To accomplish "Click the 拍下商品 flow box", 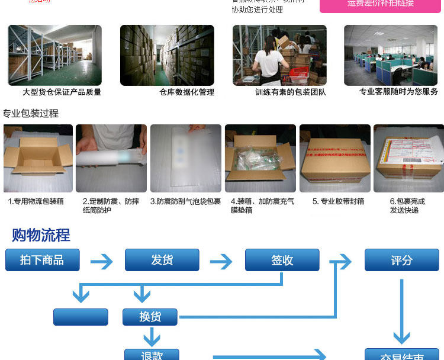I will coord(42,260).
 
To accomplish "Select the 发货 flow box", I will coord(162,260).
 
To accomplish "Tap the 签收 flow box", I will coord(282,260).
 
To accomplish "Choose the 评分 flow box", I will coord(401,260).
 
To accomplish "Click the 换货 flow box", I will coord(150,317).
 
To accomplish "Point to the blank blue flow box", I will coord(81,317).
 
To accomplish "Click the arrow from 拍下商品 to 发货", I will coord(101,261).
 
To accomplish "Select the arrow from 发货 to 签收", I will coord(221,261).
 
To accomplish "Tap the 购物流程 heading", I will coord(41,235).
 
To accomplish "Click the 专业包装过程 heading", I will coord(31,113).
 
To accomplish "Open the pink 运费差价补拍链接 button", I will coord(381,4).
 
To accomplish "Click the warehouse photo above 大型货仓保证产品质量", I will coord(54,55).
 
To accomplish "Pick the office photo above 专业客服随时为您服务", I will coord(391,55).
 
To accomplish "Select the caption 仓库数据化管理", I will coord(186,92).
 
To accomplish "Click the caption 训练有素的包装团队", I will coord(291,92).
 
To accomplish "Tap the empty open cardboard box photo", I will coord(38,158).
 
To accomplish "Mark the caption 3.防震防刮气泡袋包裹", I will coord(185,201).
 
